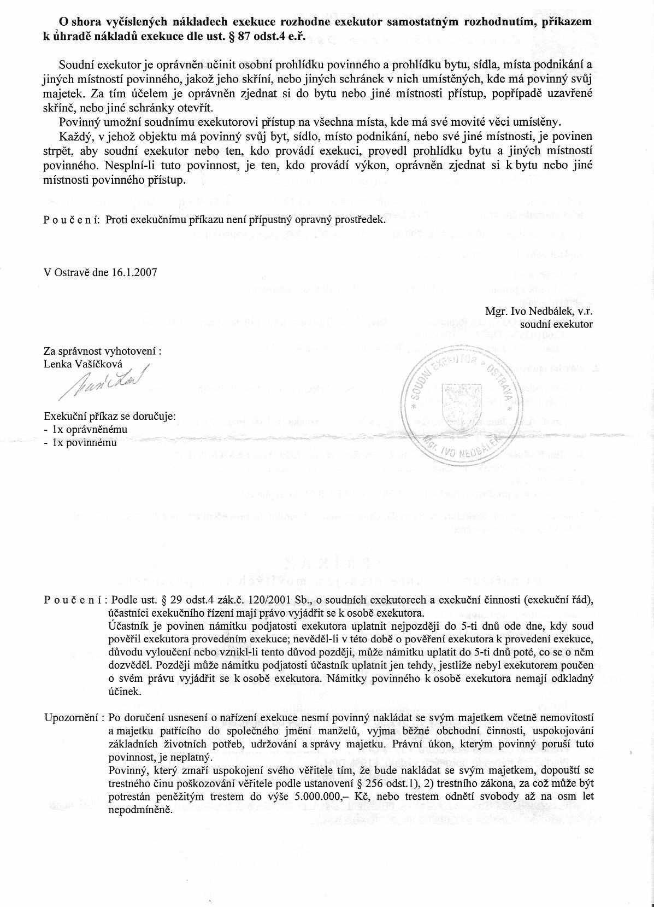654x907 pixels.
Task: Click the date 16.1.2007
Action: point(134,272)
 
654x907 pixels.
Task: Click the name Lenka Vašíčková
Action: point(83,364)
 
